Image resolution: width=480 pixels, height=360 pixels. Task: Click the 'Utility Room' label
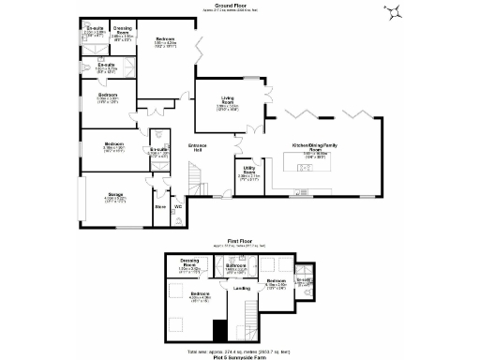coord(249,171)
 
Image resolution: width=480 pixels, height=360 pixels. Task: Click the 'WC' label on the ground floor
coord(178,205)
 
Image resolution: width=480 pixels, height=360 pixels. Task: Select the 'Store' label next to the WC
coord(159,205)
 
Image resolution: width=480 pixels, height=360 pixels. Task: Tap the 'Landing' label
coord(242,288)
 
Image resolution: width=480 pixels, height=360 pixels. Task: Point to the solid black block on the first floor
coord(218,330)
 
